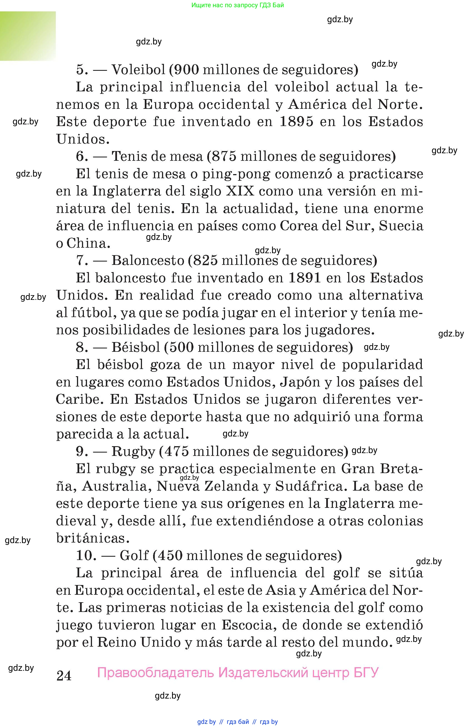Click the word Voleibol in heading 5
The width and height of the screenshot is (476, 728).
(138, 70)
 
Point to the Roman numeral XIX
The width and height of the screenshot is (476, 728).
(240, 191)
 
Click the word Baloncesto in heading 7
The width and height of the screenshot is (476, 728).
(148, 261)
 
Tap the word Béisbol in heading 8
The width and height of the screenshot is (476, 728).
(136, 347)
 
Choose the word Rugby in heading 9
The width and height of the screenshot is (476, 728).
(133, 451)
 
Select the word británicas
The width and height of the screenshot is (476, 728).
(91, 538)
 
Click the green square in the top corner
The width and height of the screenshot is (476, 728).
(28, 36)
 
